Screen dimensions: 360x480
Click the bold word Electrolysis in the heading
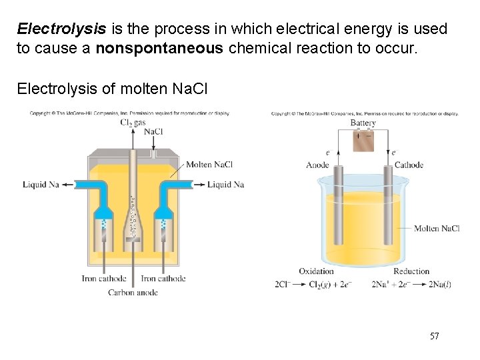(61, 29)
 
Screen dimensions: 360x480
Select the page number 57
(434, 336)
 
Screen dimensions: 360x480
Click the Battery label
(363, 123)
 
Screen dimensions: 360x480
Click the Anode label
(317, 165)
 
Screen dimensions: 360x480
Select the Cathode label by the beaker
(409, 165)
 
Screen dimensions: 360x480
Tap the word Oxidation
(316, 271)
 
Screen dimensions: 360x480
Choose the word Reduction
(411, 271)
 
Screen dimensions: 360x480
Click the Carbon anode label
(134, 292)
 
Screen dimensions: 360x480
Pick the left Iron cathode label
(103, 279)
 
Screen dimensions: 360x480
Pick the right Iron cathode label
(163, 279)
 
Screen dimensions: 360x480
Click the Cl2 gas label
(133, 123)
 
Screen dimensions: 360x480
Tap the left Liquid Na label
(41, 185)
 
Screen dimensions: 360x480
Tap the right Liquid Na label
(225, 185)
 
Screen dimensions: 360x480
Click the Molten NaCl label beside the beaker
(437, 229)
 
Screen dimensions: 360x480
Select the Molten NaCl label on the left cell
(209, 165)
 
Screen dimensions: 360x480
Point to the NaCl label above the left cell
(153, 131)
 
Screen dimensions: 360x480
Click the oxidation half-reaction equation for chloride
(313, 285)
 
